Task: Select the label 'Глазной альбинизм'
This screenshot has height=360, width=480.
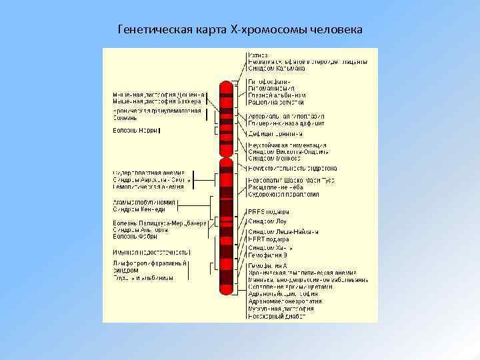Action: [276, 95]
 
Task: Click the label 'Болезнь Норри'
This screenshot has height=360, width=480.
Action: [135, 131]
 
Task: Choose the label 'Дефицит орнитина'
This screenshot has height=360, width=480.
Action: [275, 133]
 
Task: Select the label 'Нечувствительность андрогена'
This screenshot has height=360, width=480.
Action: [292, 169]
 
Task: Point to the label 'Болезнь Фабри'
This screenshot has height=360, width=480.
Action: [135, 237]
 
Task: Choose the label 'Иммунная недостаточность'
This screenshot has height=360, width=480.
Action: [151, 253]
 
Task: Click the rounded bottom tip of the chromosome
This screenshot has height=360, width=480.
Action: [227, 293]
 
